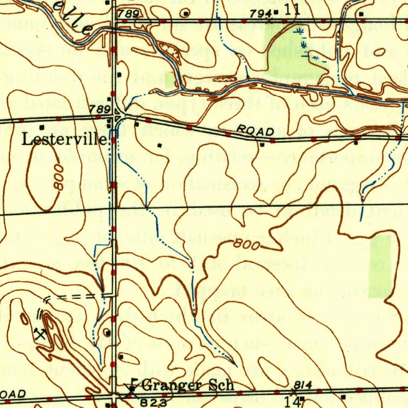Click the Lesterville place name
pyautogui.click(x=64, y=140)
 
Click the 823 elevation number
pyautogui.click(x=154, y=403)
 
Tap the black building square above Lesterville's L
pyautogui.click(x=42, y=127)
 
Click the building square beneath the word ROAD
pyautogui.click(x=262, y=145)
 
